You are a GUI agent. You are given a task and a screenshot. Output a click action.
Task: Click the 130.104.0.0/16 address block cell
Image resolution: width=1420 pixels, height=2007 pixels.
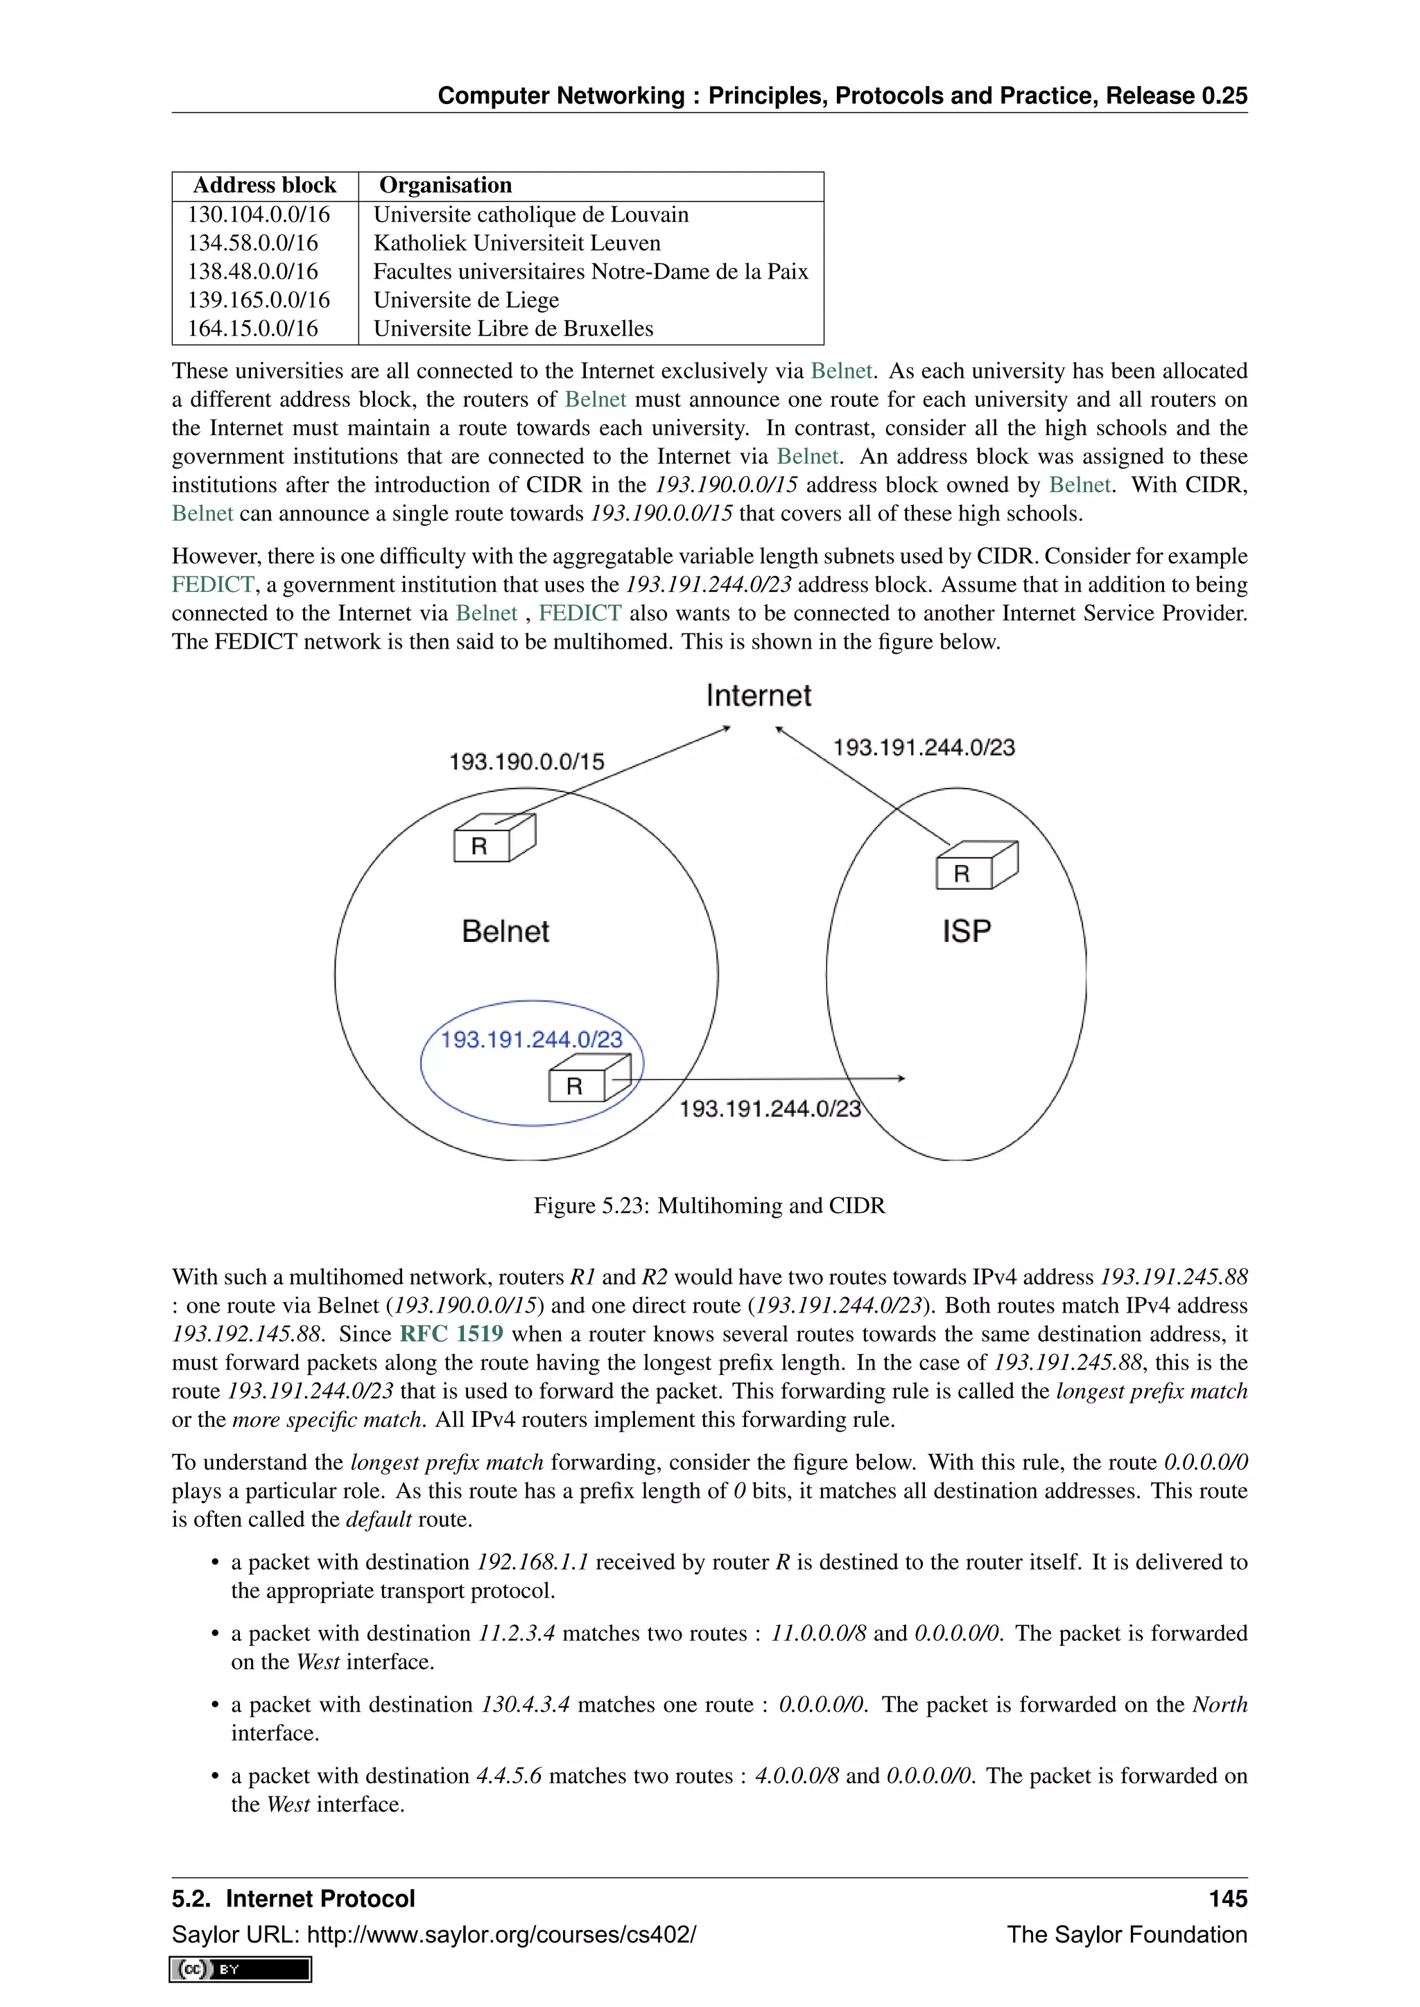(x=259, y=215)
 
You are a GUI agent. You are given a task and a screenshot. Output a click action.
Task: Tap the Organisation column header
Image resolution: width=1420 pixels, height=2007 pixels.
(x=445, y=185)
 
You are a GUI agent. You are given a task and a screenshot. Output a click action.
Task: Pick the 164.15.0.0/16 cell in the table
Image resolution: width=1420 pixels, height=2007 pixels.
(x=252, y=328)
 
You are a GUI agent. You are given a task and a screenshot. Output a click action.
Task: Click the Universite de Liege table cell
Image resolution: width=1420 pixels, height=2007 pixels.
(x=466, y=300)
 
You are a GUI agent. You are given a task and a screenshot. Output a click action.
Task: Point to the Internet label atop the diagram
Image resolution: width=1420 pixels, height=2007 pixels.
(x=758, y=696)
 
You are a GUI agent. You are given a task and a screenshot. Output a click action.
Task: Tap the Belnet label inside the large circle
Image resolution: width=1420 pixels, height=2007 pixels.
(x=505, y=931)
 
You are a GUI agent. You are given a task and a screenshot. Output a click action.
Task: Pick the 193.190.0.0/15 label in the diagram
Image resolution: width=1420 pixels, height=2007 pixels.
(x=526, y=762)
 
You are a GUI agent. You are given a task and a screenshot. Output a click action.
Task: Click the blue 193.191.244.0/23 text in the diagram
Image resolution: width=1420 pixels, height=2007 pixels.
(x=532, y=1040)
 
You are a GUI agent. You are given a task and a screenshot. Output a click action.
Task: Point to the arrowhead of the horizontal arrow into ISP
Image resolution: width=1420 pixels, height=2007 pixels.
(x=901, y=1078)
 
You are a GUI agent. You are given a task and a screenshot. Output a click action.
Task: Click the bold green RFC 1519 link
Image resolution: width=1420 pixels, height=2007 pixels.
(x=451, y=1334)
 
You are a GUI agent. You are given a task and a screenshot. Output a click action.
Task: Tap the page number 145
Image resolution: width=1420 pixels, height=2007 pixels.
(x=1228, y=1899)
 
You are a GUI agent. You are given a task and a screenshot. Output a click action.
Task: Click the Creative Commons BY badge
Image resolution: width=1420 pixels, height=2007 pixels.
(x=241, y=1970)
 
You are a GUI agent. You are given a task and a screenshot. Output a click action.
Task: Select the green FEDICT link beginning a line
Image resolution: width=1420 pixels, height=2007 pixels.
(x=212, y=585)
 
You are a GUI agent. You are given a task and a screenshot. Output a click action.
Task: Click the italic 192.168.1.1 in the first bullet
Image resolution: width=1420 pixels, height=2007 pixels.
(x=532, y=1562)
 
